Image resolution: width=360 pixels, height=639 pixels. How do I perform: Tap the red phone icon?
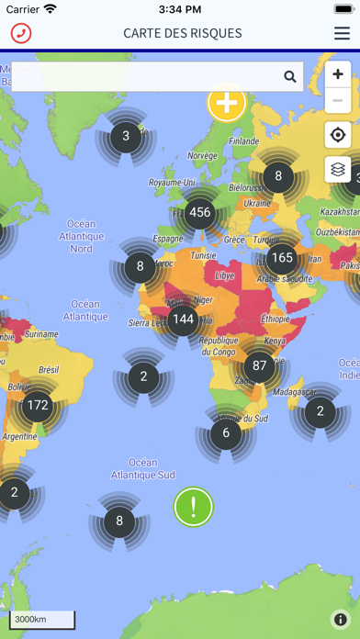[20, 33]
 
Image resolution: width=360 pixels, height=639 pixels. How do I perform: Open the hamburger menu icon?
[342, 33]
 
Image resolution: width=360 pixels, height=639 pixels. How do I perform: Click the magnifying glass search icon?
[290, 77]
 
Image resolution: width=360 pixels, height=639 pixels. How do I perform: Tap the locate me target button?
[338, 135]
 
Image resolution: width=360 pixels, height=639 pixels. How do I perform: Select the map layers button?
[338, 169]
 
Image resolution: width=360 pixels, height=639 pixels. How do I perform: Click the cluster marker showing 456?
[199, 212]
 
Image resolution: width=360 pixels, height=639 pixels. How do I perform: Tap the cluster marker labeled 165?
[281, 258]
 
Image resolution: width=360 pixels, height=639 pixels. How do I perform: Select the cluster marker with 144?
[184, 319]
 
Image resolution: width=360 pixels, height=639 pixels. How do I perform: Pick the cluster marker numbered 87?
[259, 365]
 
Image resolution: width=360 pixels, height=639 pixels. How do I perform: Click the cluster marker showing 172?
[38, 404]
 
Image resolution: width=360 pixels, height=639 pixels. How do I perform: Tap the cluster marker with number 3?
[126, 138]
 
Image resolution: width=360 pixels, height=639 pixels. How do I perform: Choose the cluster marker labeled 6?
[226, 433]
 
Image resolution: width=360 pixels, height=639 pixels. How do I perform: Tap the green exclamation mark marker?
[193, 506]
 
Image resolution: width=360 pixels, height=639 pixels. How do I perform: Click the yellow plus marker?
[226, 102]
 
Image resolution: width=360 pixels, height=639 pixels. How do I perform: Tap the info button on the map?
[340, 620]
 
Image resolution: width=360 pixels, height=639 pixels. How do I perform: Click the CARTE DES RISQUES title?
[183, 33]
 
